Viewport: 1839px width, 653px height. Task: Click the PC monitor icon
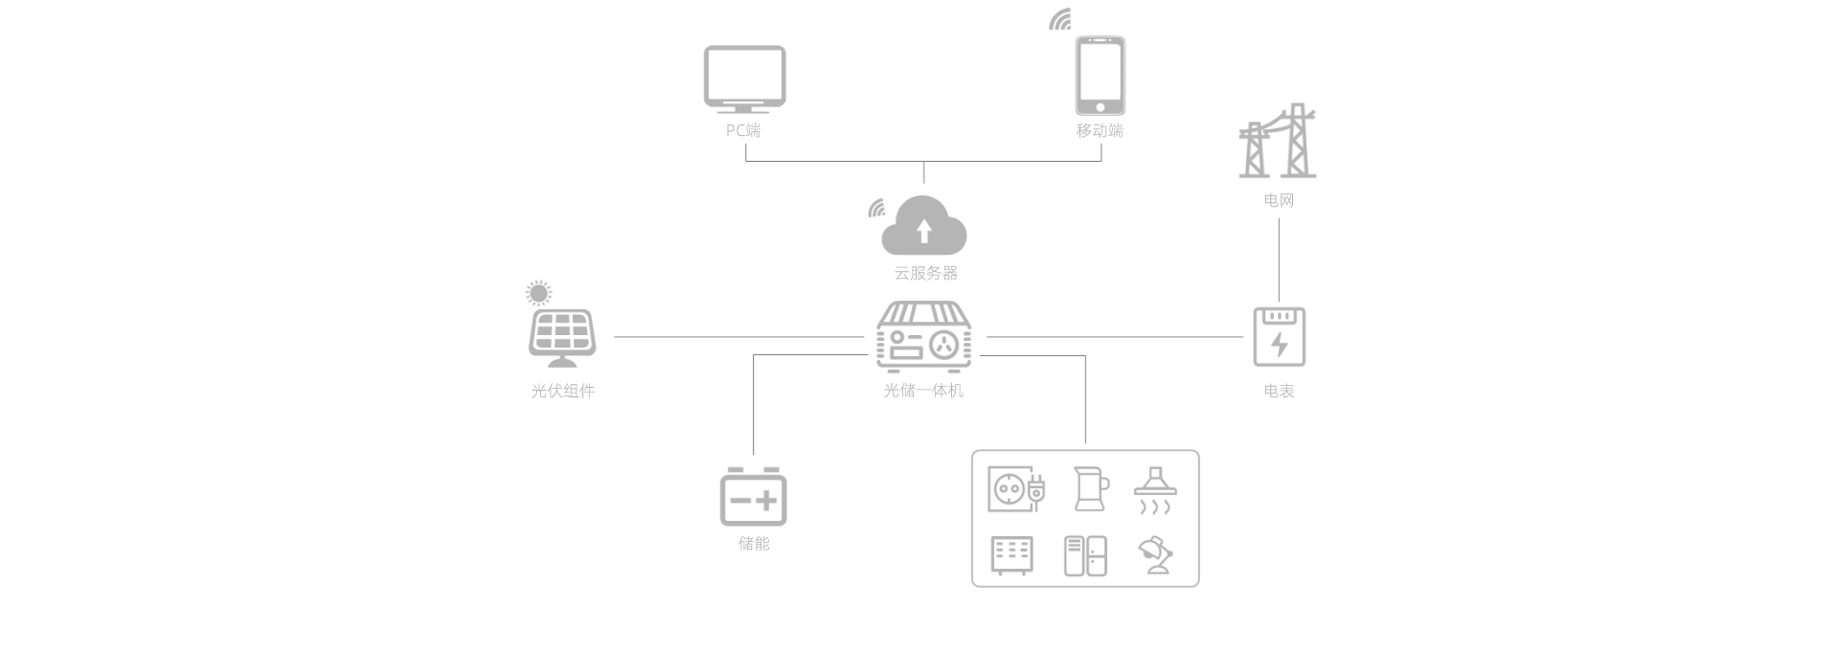pyautogui.click(x=744, y=79)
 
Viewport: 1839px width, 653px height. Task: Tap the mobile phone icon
pyautogui.click(x=1100, y=76)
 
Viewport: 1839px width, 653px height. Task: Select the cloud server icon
pyautogui.click(x=923, y=226)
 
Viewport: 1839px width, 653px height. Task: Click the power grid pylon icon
pyautogui.click(x=1278, y=142)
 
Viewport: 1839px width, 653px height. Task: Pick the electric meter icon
pyautogui.click(x=1279, y=336)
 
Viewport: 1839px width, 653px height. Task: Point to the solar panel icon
pyautogui.click(x=562, y=338)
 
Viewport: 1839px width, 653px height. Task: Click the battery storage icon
pyautogui.click(x=753, y=496)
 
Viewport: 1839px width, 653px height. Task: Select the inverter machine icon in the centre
pyautogui.click(x=923, y=336)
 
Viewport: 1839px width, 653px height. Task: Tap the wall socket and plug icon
pyautogui.click(x=1016, y=489)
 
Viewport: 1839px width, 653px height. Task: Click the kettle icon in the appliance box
pyautogui.click(x=1090, y=488)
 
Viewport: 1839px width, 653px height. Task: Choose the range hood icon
pyautogui.click(x=1155, y=490)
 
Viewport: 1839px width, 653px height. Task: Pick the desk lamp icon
pyautogui.click(x=1156, y=554)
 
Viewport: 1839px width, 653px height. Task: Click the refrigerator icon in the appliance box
pyautogui.click(x=1085, y=555)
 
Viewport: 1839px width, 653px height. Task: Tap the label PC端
pyautogui.click(x=743, y=130)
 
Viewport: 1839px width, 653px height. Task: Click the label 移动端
pyautogui.click(x=1100, y=130)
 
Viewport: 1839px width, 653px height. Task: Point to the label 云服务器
pyautogui.click(x=925, y=273)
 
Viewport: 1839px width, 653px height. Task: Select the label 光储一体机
pyautogui.click(x=923, y=391)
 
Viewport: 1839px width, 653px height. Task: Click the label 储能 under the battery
pyautogui.click(x=754, y=544)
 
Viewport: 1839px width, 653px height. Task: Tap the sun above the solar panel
pyautogui.click(x=539, y=293)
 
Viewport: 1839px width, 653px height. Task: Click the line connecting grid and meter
pyautogui.click(x=1279, y=259)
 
